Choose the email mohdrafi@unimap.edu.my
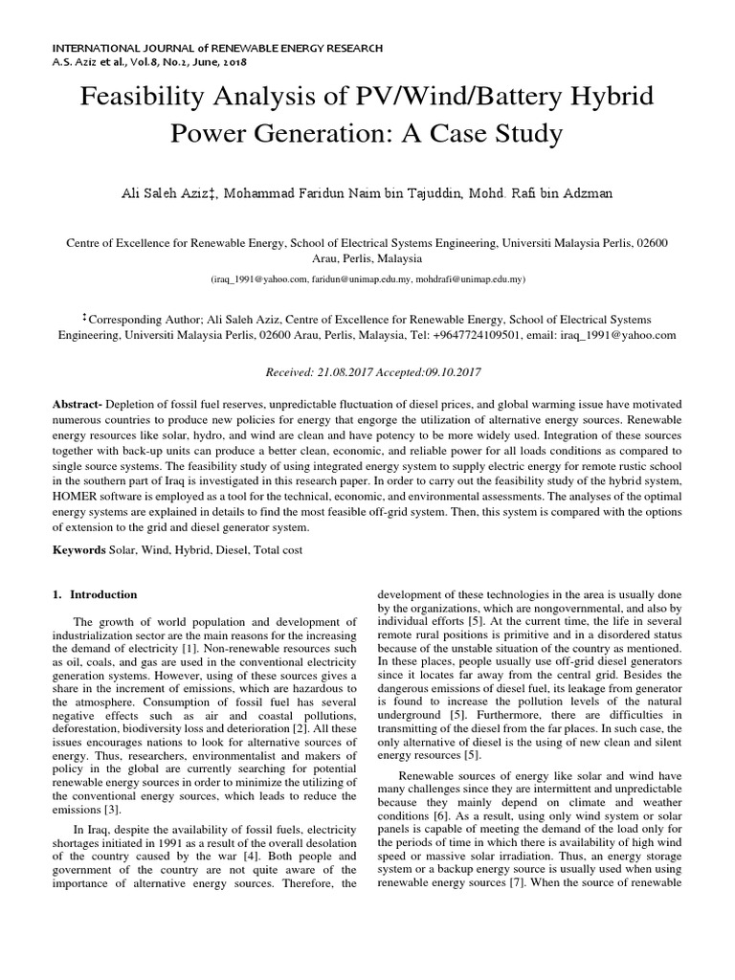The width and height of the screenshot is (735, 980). point(470,279)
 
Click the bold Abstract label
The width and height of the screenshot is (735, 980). point(77,406)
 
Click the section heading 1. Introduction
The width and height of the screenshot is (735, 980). point(95,594)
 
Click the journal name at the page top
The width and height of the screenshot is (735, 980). point(217,47)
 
